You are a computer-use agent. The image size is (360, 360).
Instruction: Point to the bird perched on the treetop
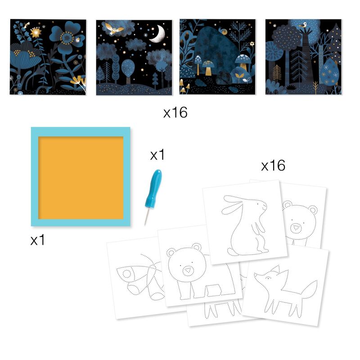pyautogui.click(x=303, y=25)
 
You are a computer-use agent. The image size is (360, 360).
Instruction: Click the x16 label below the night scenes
pyautogui.click(x=175, y=112)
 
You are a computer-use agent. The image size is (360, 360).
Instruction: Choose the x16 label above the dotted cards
pyautogui.click(x=273, y=166)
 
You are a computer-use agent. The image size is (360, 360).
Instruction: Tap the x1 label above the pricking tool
pyautogui.click(x=157, y=155)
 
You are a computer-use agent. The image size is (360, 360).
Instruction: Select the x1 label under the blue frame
pyautogui.click(x=38, y=240)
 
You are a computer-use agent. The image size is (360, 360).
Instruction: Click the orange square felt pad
pyautogui.click(x=81, y=178)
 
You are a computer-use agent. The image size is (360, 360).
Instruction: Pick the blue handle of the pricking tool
pyautogui.click(x=153, y=188)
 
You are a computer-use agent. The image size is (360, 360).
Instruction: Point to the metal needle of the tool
pyautogui.click(x=147, y=216)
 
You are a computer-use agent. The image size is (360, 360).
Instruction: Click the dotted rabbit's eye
pyautogui.click(x=258, y=204)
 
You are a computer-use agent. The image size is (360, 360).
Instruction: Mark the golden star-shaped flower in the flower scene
pyautogui.click(x=36, y=32)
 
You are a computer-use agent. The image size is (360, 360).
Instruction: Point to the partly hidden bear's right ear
pyautogui.click(x=313, y=210)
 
